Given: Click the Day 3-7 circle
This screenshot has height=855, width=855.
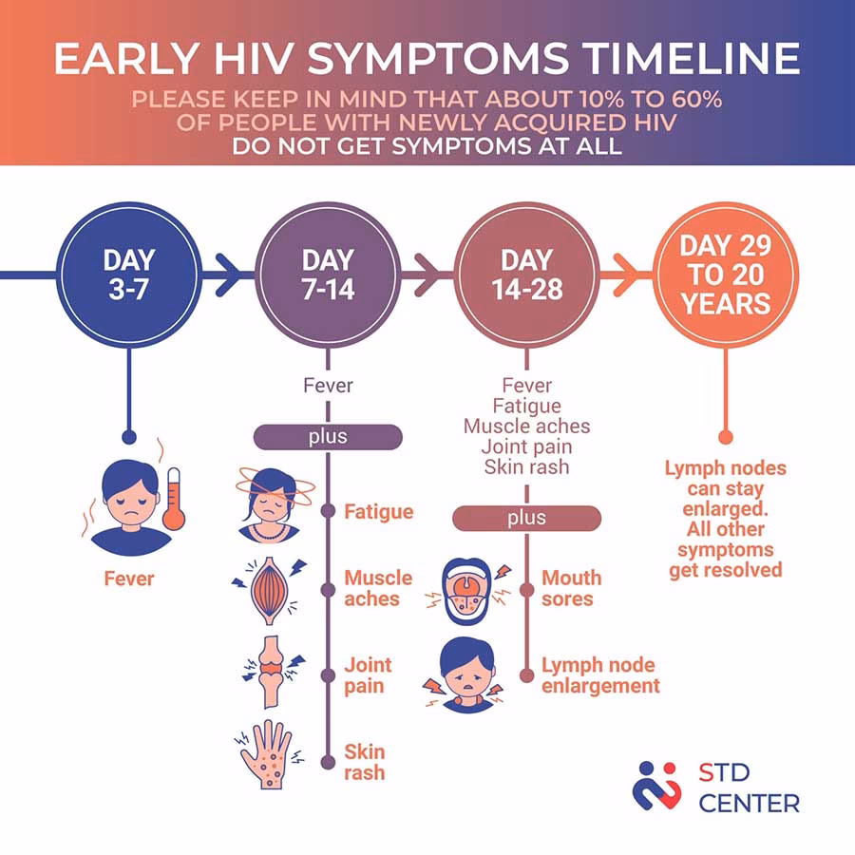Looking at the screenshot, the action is (x=129, y=275).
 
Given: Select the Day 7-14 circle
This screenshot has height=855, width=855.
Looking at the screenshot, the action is (x=329, y=275).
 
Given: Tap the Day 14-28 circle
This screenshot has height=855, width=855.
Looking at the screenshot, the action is (x=526, y=275).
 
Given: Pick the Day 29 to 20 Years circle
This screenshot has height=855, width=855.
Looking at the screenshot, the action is (x=726, y=275).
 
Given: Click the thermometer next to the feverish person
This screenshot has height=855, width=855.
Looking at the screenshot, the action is (x=174, y=499).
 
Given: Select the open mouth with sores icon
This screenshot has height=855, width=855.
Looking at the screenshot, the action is (x=465, y=591).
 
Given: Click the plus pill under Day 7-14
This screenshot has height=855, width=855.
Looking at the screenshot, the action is (x=329, y=437).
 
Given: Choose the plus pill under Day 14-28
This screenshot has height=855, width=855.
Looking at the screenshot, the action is (x=526, y=518).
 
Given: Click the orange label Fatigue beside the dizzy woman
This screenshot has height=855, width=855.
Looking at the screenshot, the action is (x=378, y=511).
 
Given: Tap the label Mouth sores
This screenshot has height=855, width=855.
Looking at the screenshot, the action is (x=572, y=588).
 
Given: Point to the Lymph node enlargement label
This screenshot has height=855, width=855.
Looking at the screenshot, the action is (x=600, y=675).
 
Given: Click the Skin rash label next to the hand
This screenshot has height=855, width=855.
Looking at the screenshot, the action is (x=364, y=762).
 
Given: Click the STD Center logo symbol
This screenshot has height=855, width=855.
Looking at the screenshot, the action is (x=656, y=786).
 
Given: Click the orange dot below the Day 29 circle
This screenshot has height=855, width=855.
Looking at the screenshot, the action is (x=726, y=437).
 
